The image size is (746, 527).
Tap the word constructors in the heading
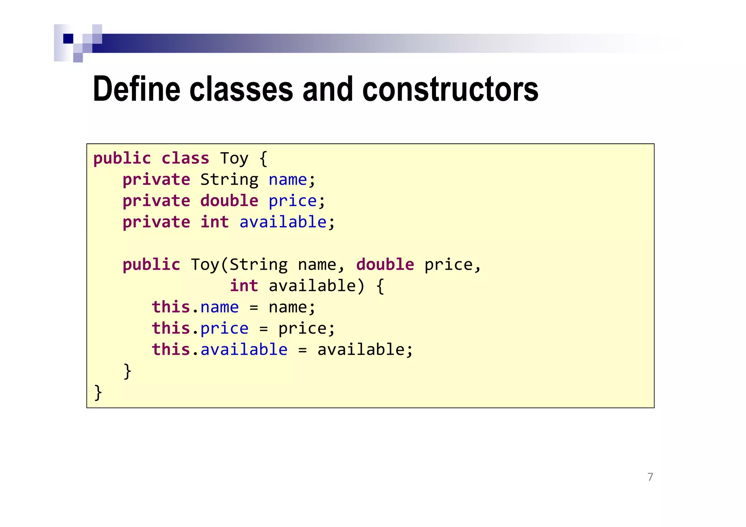click(450, 89)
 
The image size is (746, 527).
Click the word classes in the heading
click(241, 89)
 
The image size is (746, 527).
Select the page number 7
click(650, 477)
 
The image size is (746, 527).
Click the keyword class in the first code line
click(185, 158)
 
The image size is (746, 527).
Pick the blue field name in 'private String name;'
click(288, 180)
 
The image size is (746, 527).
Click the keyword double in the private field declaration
click(229, 201)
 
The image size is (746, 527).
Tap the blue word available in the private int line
click(283, 222)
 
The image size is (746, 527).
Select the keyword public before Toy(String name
click(151, 265)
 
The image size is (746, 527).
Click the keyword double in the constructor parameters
click(385, 264)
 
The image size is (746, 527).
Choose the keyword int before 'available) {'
click(244, 286)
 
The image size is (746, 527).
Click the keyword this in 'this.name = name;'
click(171, 307)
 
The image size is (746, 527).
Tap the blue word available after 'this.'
click(244, 350)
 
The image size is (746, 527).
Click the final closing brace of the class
click(98, 393)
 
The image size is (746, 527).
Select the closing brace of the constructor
click(127, 371)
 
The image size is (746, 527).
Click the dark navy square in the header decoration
click(68, 39)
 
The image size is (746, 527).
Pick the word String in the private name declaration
click(229, 180)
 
